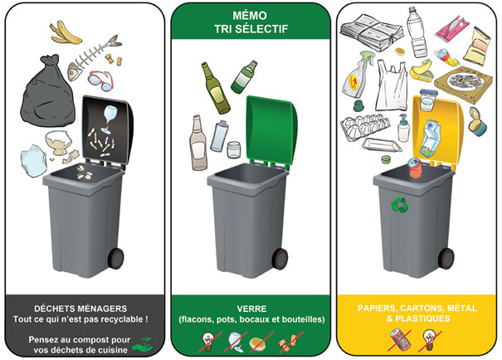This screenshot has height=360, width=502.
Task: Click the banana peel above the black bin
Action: pyautogui.click(x=66, y=33)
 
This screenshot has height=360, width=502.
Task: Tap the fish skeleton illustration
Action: pyautogui.click(x=93, y=56)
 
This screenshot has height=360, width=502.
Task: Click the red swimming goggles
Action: pyautogui.click(x=101, y=80)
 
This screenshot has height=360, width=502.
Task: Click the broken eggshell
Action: pyautogui.click(x=59, y=143)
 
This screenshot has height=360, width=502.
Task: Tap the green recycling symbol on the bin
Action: pyautogui.click(x=400, y=205)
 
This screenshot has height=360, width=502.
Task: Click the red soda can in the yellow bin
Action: pyautogui.click(x=417, y=167)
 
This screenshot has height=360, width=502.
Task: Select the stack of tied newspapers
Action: pyautogui.click(x=372, y=32)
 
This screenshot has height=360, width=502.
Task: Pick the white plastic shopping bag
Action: pyautogui.click(x=392, y=85)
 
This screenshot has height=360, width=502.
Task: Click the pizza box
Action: pyautogui.click(x=463, y=84)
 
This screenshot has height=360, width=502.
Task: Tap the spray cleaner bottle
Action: pyautogui.click(x=358, y=75)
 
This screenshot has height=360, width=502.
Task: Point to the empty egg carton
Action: pyautogui.click(x=364, y=127)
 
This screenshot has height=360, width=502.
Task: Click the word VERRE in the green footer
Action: pyautogui.click(x=251, y=309)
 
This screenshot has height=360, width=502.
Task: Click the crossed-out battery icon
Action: pyautogui.click(x=399, y=340)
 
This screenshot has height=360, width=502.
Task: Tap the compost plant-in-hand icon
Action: pyautogui.click(x=143, y=344)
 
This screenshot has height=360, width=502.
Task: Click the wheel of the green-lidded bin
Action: pyautogui.click(x=280, y=259)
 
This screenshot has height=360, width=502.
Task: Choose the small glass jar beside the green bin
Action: pyautogui.click(x=234, y=149)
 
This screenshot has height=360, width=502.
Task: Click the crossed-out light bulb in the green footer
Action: pyautogui.click(x=209, y=342)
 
